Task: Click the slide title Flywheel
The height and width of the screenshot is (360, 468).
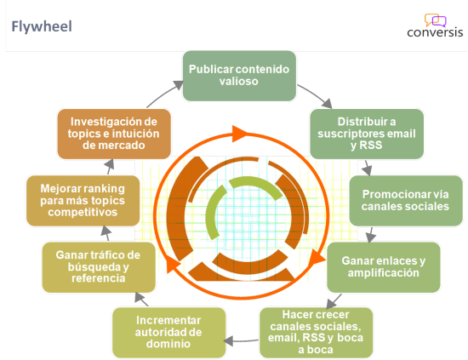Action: coord(42,26)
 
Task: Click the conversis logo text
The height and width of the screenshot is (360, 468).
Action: coord(434,33)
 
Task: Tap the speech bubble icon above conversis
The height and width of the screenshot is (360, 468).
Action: coord(435,19)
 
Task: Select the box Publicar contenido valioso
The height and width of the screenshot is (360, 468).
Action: coord(239,75)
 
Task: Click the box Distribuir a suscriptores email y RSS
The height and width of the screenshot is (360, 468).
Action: coord(354,134)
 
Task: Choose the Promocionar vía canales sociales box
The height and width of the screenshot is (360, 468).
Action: coord(404,199)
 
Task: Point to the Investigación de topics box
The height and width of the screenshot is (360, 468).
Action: coord(113,134)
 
